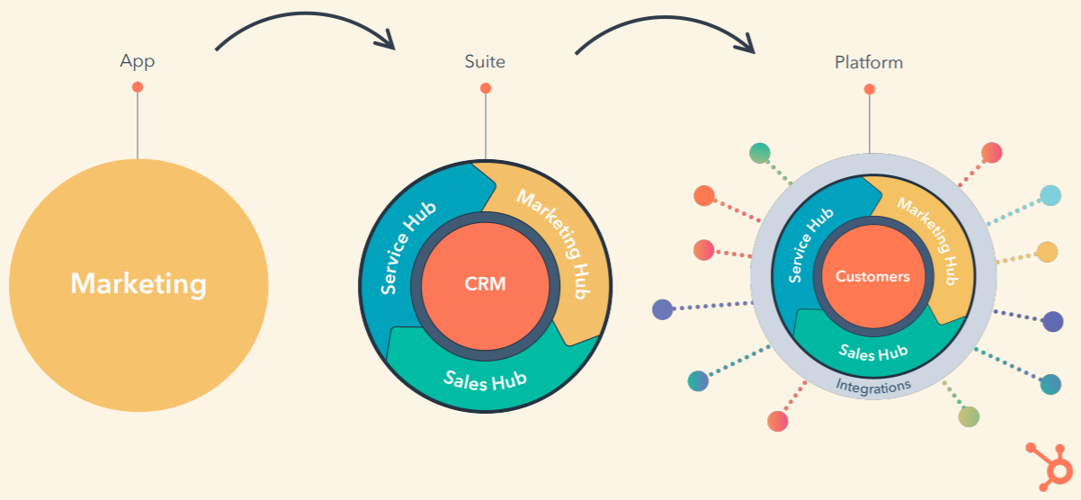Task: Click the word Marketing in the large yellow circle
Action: pos(138,284)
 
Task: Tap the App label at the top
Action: pos(138,62)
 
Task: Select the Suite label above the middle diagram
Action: pos(485,62)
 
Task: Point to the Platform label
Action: pos(869,63)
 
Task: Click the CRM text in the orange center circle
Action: pos(486,284)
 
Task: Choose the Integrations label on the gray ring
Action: pos(873,385)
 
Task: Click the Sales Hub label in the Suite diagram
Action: pos(485,379)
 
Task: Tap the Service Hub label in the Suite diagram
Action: pos(407,247)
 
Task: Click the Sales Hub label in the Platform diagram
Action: pos(873,352)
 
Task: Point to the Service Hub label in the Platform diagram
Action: pos(810,246)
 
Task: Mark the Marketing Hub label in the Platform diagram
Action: pos(932,237)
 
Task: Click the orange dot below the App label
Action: pos(138,87)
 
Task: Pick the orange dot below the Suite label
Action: pos(486,88)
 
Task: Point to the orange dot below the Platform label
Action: pos(869,89)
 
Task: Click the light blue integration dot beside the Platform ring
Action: pos(1050,195)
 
